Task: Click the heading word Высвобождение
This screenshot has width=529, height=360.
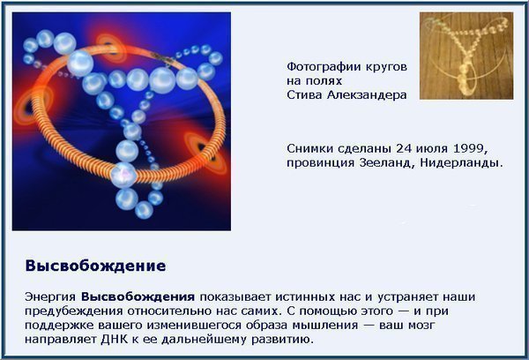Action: click(x=95, y=266)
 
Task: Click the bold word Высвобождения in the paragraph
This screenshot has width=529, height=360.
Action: click(x=138, y=297)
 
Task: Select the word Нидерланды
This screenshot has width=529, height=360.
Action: click(x=461, y=163)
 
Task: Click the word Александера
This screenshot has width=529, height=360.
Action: click(x=367, y=95)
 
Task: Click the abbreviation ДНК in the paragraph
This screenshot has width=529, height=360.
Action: click(x=115, y=339)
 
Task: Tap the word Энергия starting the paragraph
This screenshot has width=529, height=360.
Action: click(x=50, y=297)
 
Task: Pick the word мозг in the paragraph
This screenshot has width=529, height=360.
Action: click(x=421, y=326)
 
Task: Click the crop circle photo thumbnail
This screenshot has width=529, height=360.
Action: click(x=466, y=56)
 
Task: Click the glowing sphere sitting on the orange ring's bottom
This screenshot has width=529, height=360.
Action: click(x=123, y=175)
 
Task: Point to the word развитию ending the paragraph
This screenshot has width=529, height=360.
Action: click(x=283, y=340)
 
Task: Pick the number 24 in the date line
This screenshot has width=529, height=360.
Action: click(x=404, y=148)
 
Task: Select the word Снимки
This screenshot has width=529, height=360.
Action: click(x=309, y=148)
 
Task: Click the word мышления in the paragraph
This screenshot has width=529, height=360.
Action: click(x=324, y=326)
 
